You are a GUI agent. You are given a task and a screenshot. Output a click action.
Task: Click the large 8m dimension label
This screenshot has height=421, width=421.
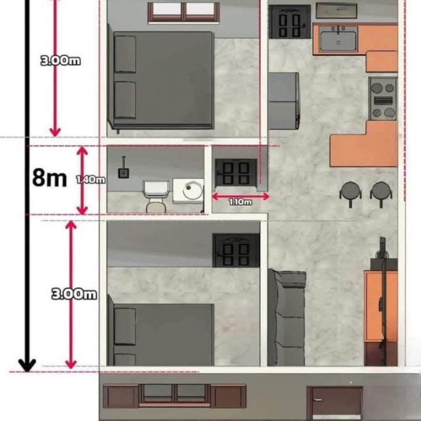point(49,178)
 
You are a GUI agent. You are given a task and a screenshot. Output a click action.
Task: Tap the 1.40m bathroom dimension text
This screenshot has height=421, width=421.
point(91,179)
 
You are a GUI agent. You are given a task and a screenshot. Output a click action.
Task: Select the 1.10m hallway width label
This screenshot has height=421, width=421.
point(240,202)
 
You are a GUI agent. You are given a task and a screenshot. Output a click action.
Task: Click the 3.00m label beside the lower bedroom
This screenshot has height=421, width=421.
point(74,294)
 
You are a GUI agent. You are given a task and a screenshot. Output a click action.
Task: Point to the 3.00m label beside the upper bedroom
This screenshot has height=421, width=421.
point(61,61)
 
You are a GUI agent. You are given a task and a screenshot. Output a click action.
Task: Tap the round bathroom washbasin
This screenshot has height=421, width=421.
point(192,190)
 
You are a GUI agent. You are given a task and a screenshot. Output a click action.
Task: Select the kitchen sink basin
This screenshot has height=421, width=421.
point(338,41)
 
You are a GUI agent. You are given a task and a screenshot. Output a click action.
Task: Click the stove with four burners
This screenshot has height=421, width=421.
point(383,99)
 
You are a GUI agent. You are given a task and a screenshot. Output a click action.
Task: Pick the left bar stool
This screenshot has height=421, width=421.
point(350,194)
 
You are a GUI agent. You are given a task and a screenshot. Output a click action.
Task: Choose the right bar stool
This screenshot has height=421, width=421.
point(381,194)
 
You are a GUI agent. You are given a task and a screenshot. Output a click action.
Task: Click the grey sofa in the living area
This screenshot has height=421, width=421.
point(287,318)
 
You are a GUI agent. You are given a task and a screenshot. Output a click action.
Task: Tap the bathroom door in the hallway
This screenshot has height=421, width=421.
point(236,173)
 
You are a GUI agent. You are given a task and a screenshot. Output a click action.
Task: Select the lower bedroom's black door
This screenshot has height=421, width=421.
point(236,250)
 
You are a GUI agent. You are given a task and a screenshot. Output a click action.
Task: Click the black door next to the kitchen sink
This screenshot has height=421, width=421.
point(290,22)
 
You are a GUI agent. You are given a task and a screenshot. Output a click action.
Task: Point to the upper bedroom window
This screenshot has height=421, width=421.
point(184,12)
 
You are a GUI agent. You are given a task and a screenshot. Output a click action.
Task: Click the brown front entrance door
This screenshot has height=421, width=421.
point(335,403)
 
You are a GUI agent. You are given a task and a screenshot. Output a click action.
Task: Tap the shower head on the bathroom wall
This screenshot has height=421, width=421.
point(124,168)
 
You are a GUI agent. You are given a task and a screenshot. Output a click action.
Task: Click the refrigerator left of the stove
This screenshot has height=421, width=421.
point(284,101)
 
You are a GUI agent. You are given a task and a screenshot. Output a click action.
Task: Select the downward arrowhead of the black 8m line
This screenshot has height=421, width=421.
point(27,366)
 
